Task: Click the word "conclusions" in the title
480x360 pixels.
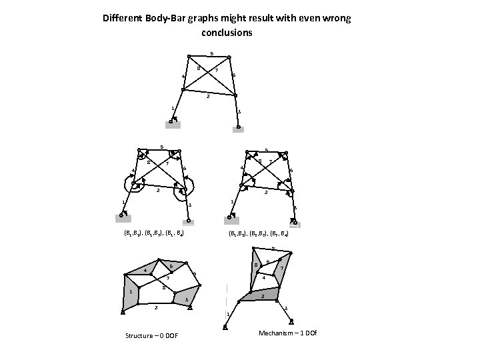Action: [226, 31]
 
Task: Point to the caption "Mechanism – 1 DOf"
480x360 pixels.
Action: [286, 332]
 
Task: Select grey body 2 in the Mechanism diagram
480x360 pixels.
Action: [260, 294]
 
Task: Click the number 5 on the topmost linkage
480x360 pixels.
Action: [211, 53]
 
